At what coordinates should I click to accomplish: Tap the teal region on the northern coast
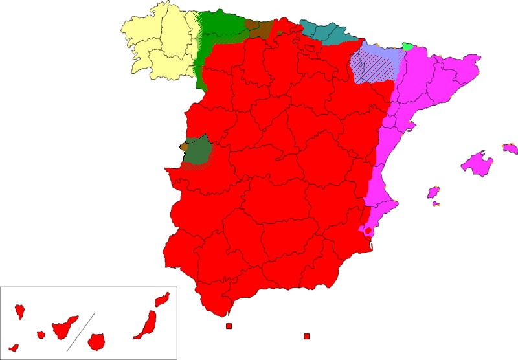(324, 32)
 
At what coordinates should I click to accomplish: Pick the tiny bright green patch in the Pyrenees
(409, 46)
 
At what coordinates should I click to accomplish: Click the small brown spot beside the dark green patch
(184, 147)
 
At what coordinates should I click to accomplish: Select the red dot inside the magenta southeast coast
(368, 231)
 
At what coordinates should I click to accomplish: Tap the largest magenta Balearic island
(478, 163)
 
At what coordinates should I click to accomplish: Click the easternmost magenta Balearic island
(511, 149)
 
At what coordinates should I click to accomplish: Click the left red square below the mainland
(229, 326)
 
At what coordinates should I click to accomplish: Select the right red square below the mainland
(307, 336)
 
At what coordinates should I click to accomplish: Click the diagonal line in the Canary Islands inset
(81, 331)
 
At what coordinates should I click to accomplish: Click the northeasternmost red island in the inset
(162, 299)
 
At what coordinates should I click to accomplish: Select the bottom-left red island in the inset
(14, 348)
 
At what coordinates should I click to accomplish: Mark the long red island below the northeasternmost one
(147, 324)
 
